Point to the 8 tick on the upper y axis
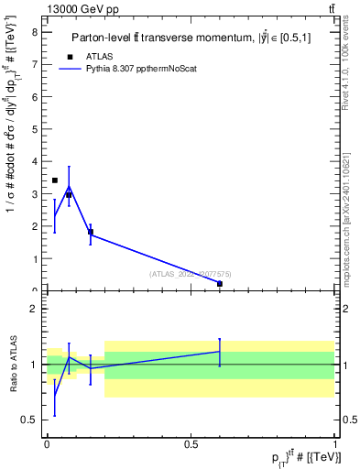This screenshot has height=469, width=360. [x=34, y=31]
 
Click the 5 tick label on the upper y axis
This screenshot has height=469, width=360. [x=34, y=128]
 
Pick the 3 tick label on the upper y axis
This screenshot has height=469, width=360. [x=34, y=193]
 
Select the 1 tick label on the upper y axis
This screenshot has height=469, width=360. [x=34, y=258]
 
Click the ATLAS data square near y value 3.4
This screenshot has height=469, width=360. [x=55, y=180]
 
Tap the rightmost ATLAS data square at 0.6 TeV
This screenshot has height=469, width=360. [x=220, y=284]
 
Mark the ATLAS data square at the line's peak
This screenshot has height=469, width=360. [x=69, y=195]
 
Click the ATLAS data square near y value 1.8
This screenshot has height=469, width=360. [x=91, y=232]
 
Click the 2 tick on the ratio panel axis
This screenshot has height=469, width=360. [x=33, y=309]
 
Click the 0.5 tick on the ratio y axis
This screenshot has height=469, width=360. [x=30, y=420]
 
